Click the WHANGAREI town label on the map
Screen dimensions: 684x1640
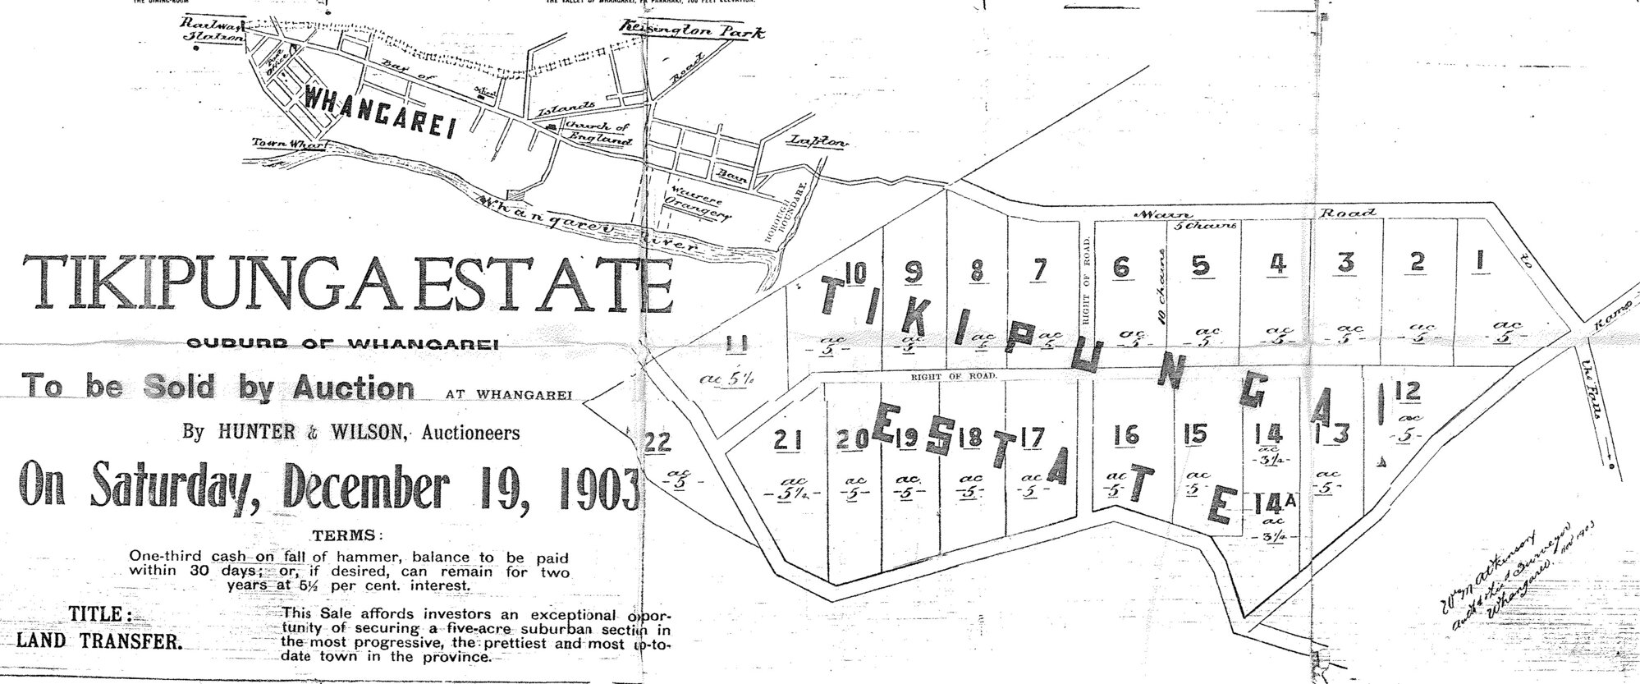coord(380,112)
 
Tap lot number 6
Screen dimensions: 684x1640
coord(1122,267)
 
